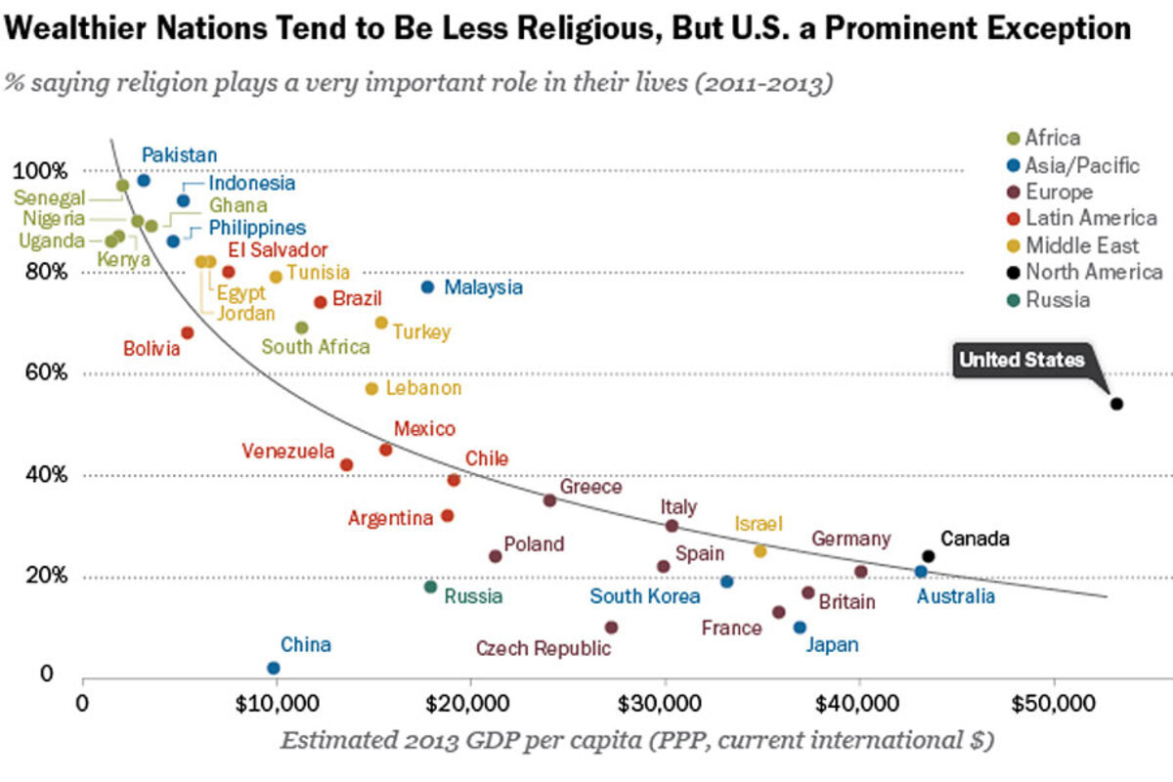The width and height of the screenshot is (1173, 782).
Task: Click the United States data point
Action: pos(1116,404)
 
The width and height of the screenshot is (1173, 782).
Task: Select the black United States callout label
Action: pos(1021,360)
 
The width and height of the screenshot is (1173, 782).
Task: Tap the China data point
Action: pos(274,668)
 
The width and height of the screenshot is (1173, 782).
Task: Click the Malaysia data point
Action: pos(427,286)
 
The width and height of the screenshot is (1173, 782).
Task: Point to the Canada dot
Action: pos(929,556)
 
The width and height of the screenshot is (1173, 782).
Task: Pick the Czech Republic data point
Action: pos(612,627)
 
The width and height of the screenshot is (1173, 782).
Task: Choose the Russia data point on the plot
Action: pos(430,586)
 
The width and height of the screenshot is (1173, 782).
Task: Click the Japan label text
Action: pos(832,644)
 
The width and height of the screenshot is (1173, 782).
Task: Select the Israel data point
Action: pos(760,551)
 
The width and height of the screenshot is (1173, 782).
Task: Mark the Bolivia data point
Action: pos(188,332)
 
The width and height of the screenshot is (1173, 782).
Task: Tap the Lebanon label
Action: pos(423,388)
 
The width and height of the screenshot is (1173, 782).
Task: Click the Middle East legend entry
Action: pos(1081,245)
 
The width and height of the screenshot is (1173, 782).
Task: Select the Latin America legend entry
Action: pos(1090,219)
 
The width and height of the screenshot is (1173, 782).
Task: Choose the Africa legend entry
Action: pos(1052,139)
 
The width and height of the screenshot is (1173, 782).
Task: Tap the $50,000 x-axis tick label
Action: pos(1053,702)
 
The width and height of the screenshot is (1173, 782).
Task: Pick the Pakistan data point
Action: pos(144,180)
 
